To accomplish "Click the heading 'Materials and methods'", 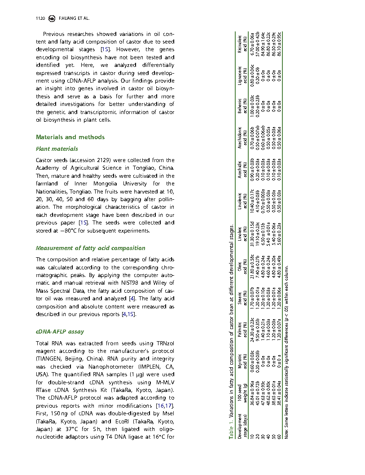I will pyautogui.click(x=70, y=137).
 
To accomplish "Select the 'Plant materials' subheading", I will pyautogui.click(x=57, y=149).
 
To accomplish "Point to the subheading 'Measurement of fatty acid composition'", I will pyautogui.click(x=90, y=248).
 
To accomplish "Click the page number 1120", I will pyautogui.click(x=41, y=18).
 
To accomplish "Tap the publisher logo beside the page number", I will pyautogui.click(x=52, y=18).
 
